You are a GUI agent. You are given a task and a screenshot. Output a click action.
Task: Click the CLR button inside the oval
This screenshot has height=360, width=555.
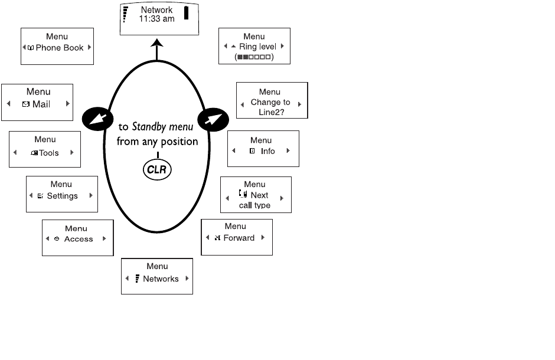(x=157, y=171)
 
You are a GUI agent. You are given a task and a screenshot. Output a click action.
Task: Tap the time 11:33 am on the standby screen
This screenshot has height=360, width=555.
(x=156, y=19)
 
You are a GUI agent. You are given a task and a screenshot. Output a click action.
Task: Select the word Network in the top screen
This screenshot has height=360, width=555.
(x=156, y=10)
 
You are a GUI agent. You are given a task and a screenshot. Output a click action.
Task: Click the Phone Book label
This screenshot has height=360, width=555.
(x=60, y=48)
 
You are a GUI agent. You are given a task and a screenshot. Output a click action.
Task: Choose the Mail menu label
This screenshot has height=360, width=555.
(x=41, y=104)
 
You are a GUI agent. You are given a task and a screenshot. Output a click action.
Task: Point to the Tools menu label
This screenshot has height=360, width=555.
(x=49, y=153)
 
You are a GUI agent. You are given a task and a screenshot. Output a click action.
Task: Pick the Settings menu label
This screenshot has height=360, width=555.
(x=62, y=196)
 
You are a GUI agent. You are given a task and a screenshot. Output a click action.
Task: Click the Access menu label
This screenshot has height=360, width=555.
(x=79, y=240)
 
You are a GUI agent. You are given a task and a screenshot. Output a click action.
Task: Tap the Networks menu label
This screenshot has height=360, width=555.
(x=161, y=279)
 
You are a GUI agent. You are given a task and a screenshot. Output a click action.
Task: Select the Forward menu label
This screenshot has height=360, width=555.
(x=239, y=238)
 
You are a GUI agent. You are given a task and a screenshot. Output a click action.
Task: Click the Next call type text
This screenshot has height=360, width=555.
(x=256, y=200)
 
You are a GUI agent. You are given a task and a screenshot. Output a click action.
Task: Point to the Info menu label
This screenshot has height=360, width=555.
(x=267, y=151)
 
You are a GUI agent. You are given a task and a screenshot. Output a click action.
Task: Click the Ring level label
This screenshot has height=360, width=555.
(x=257, y=47)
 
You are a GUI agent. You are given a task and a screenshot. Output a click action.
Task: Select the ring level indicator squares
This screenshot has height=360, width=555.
(x=254, y=57)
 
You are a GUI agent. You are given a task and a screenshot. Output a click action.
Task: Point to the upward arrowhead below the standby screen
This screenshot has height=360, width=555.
(x=157, y=42)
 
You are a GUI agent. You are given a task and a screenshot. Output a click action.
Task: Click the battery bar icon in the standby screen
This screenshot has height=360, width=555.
(x=187, y=14)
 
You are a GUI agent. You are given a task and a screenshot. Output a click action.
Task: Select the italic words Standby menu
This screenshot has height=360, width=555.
(x=162, y=127)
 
